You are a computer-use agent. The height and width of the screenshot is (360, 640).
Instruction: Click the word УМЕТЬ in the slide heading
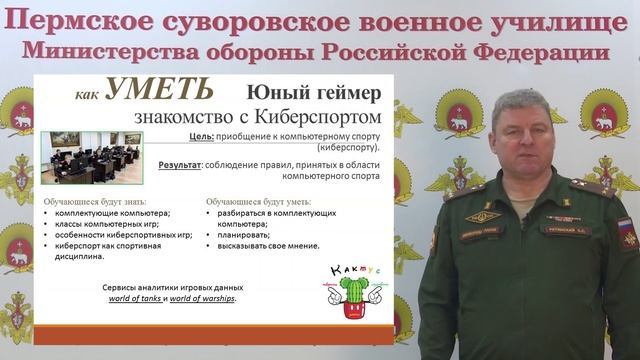158,91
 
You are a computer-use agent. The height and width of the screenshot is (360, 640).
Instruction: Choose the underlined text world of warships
202,297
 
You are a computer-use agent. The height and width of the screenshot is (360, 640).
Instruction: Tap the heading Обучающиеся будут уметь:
257,201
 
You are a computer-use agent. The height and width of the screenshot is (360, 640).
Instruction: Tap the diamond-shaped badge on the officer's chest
484,215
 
